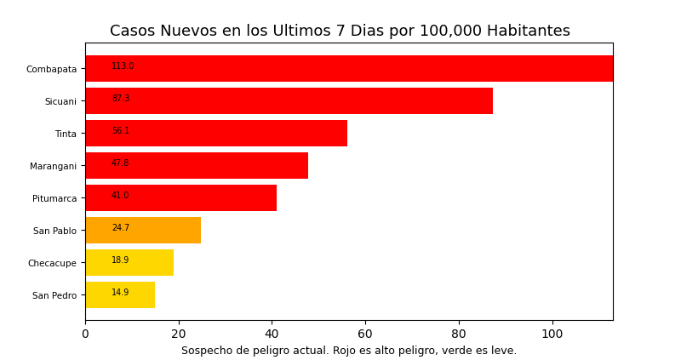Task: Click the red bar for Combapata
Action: coord(349,69)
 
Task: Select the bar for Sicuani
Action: coord(289,101)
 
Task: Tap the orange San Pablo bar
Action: coord(143,231)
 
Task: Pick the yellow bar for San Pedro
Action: coord(120,295)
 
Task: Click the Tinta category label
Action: coord(66,134)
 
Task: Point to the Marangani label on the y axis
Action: coord(53,166)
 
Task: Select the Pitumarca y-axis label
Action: coord(54,198)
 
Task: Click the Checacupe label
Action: coord(52,263)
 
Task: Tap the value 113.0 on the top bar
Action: coord(123,66)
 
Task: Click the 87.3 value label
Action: coord(121,99)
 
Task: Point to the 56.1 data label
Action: coord(121,131)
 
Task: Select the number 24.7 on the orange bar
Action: coord(121,228)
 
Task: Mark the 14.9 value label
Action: coord(121,293)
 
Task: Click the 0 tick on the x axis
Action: coord(85,334)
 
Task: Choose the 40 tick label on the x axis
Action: coord(272,334)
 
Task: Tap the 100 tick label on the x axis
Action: coord(552,334)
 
